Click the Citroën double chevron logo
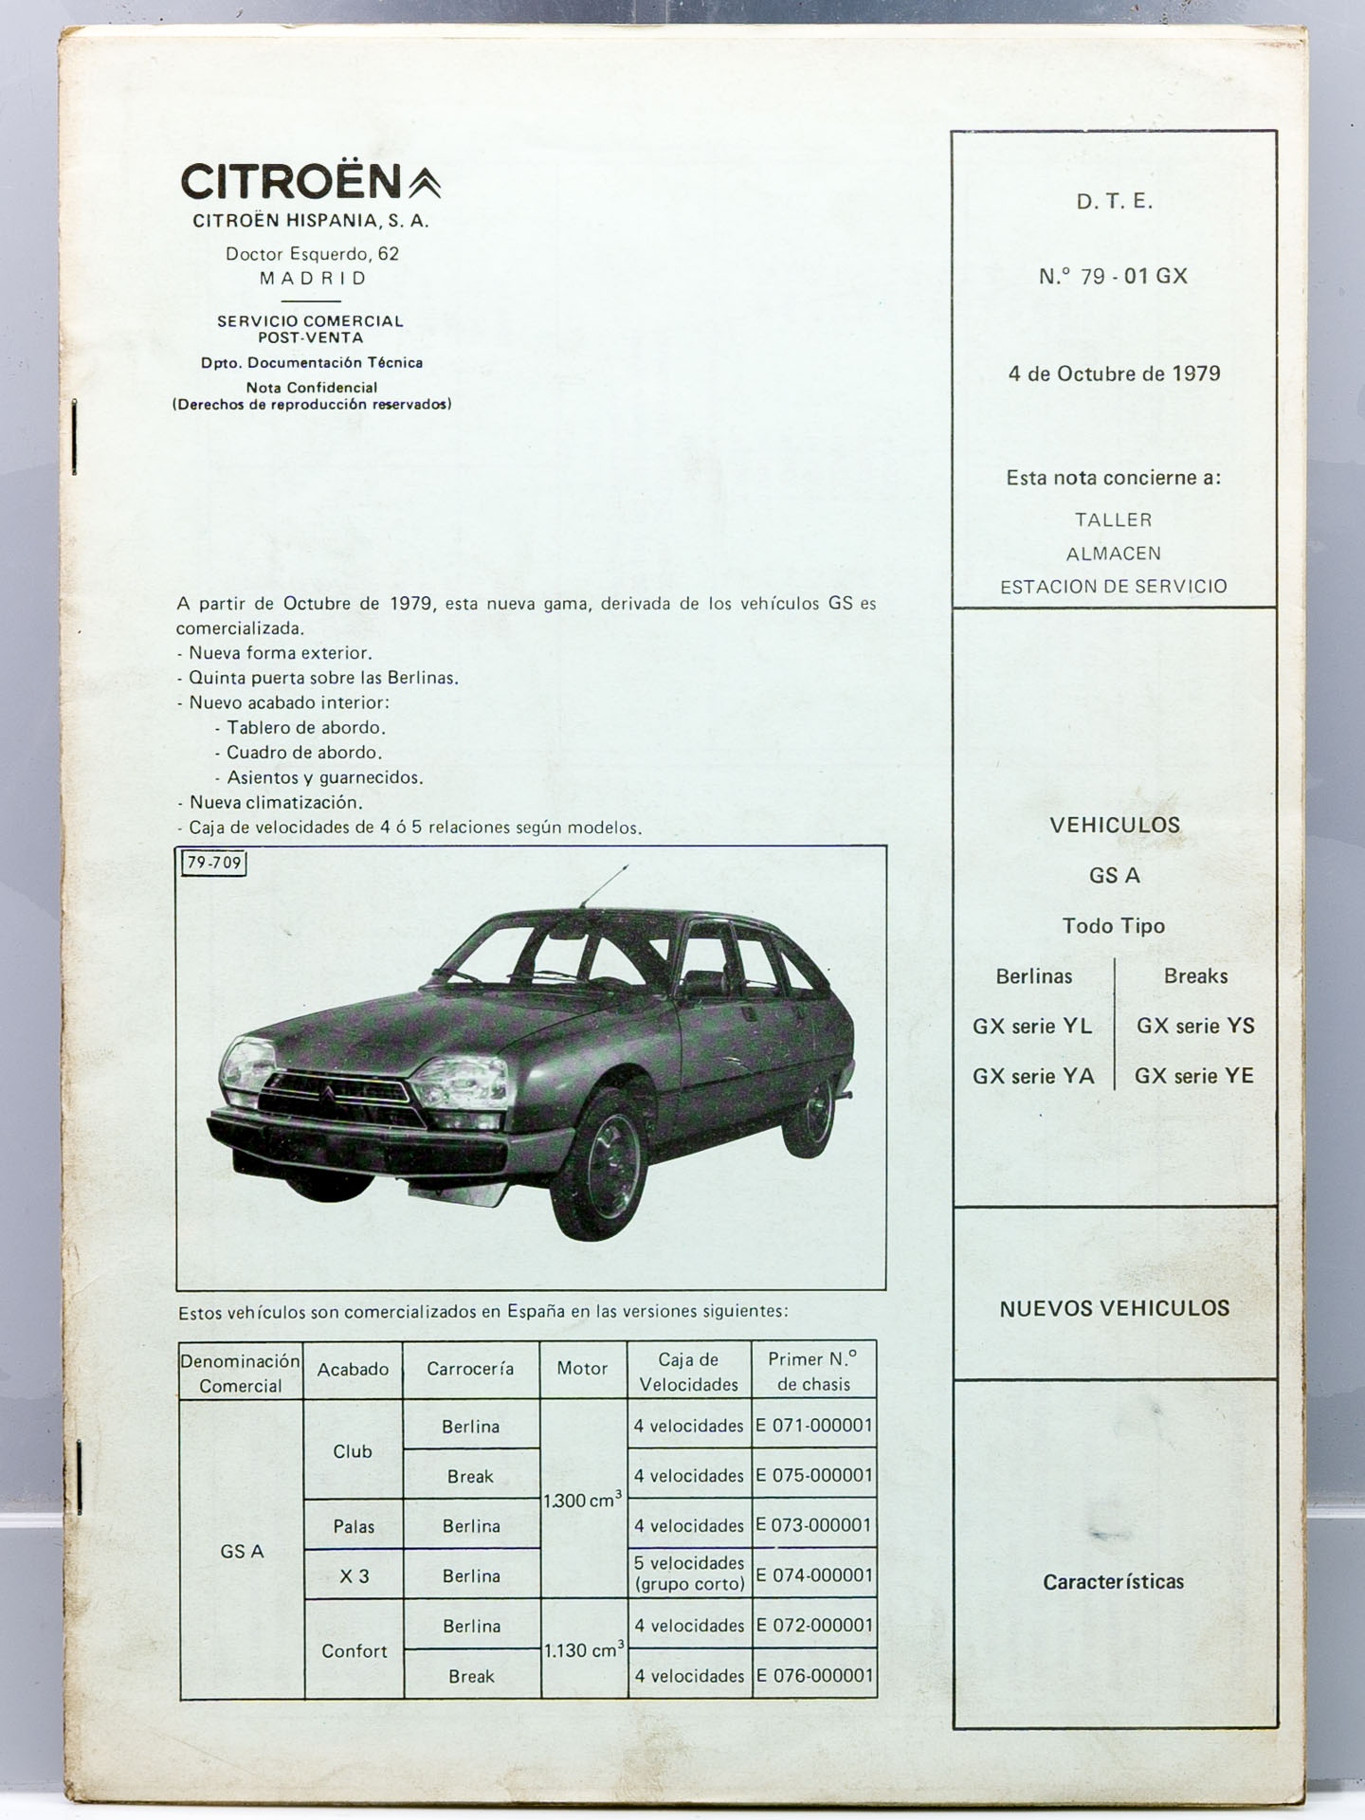(425, 182)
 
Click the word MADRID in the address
(313, 279)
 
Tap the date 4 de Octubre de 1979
(1114, 373)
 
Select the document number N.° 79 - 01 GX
(1113, 276)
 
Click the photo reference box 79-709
(214, 863)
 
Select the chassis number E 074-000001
(814, 1575)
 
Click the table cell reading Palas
(354, 1526)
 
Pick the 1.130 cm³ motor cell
(583, 1650)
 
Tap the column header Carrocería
(470, 1369)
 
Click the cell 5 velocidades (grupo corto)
(689, 1574)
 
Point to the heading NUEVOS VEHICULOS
(1114, 1308)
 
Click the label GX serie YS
(1195, 1026)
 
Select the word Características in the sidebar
(1113, 1581)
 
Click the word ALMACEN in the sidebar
(1113, 554)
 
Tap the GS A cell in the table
(242, 1552)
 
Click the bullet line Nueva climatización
(276, 802)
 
